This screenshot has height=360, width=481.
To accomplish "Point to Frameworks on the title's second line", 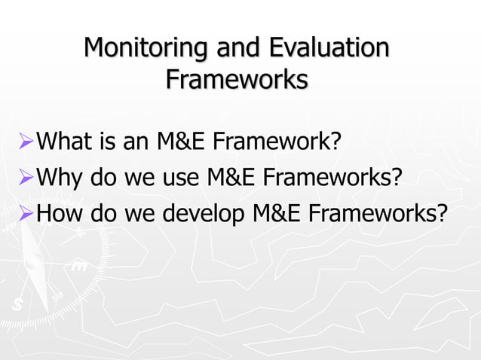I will (237, 78).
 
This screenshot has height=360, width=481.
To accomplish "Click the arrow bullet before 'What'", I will (25, 141).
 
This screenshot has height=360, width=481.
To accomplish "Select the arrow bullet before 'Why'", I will (25, 178).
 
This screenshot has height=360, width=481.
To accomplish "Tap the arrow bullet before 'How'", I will (25, 215).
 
